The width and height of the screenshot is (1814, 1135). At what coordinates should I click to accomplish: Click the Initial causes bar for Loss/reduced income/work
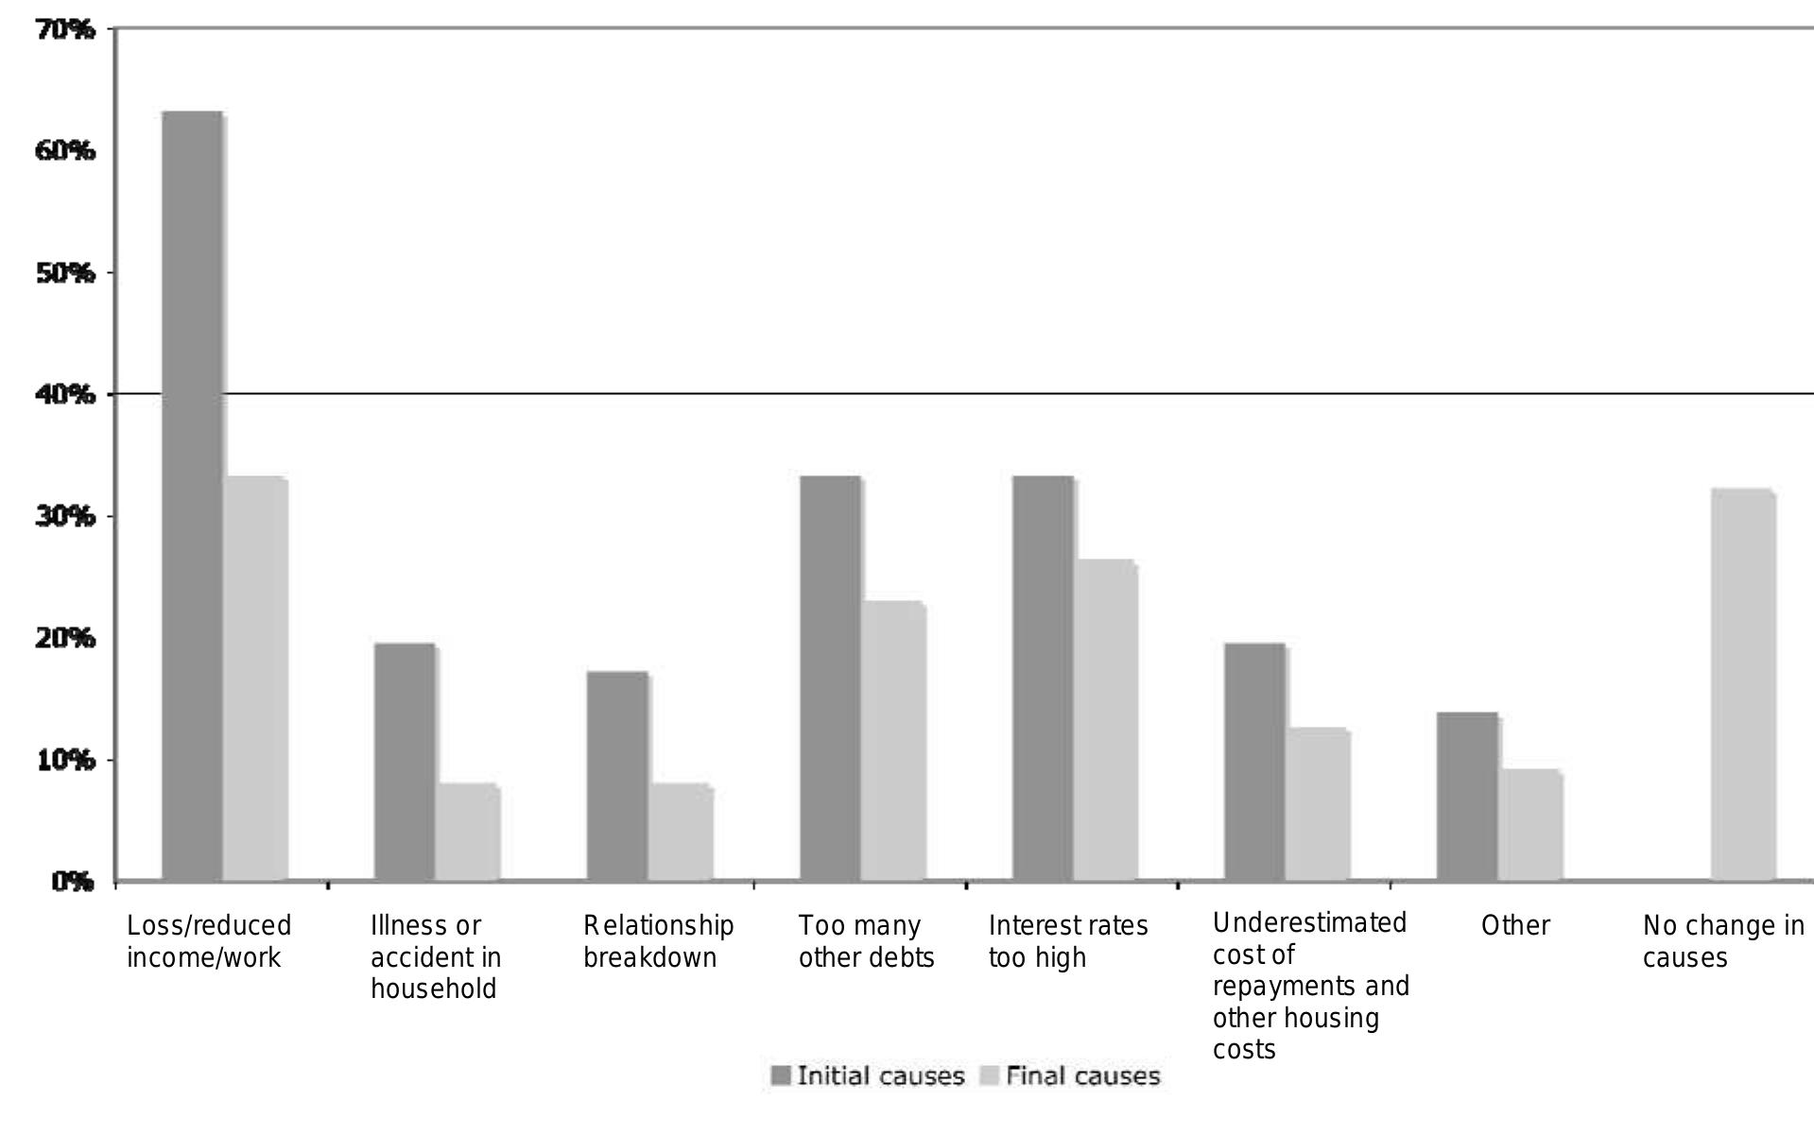tap(193, 496)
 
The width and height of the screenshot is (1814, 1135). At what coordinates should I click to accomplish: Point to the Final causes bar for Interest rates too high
tap(1106, 720)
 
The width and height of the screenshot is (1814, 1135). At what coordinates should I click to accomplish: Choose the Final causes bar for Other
tap(1530, 825)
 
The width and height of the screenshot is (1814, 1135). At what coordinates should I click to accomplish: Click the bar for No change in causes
tap(1743, 685)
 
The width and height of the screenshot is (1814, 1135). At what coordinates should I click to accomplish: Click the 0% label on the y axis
tap(73, 882)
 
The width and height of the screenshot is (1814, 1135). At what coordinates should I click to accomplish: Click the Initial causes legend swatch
tap(781, 1075)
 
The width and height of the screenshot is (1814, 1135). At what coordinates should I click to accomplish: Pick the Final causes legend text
tap(1082, 1075)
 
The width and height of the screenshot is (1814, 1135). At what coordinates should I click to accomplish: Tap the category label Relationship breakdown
tap(658, 941)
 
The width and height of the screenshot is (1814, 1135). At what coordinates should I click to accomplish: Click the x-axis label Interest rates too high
tap(1068, 941)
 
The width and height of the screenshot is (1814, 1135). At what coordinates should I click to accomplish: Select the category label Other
tap(1515, 925)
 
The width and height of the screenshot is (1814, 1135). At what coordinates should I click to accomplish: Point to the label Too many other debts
tap(866, 941)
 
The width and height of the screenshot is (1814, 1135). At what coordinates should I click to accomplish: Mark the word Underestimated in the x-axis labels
tap(1309, 922)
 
